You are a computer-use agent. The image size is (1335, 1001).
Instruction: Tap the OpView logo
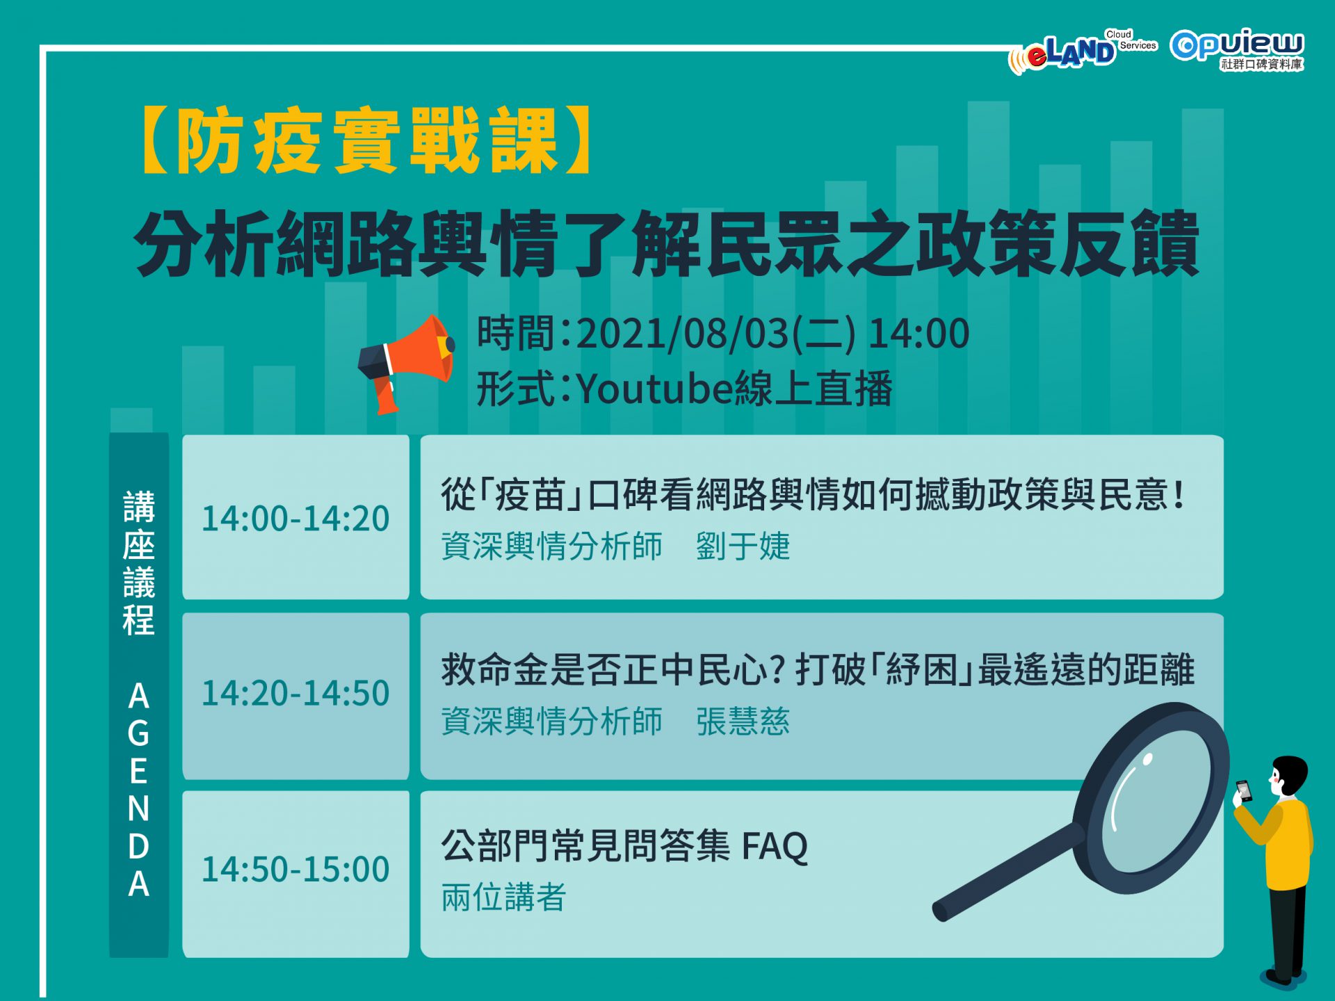tap(1237, 49)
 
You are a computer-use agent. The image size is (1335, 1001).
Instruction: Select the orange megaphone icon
tap(406, 363)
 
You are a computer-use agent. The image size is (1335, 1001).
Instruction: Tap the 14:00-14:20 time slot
tap(296, 519)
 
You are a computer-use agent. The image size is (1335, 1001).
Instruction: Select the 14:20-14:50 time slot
tap(296, 693)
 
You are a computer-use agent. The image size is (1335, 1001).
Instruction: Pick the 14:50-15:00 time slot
tap(296, 869)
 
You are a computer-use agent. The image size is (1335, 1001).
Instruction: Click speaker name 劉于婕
tap(743, 546)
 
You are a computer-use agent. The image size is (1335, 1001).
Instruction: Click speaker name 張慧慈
tap(743, 721)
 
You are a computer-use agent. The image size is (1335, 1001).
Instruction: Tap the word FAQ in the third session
tap(775, 846)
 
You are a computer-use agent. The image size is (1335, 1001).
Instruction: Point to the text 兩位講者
tap(503, 897)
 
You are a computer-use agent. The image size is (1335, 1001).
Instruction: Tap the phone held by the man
tap(1243, 791)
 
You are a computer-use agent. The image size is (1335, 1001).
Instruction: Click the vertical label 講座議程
tap(138, 563)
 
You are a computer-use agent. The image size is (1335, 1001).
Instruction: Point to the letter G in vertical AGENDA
tap(138, 733)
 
